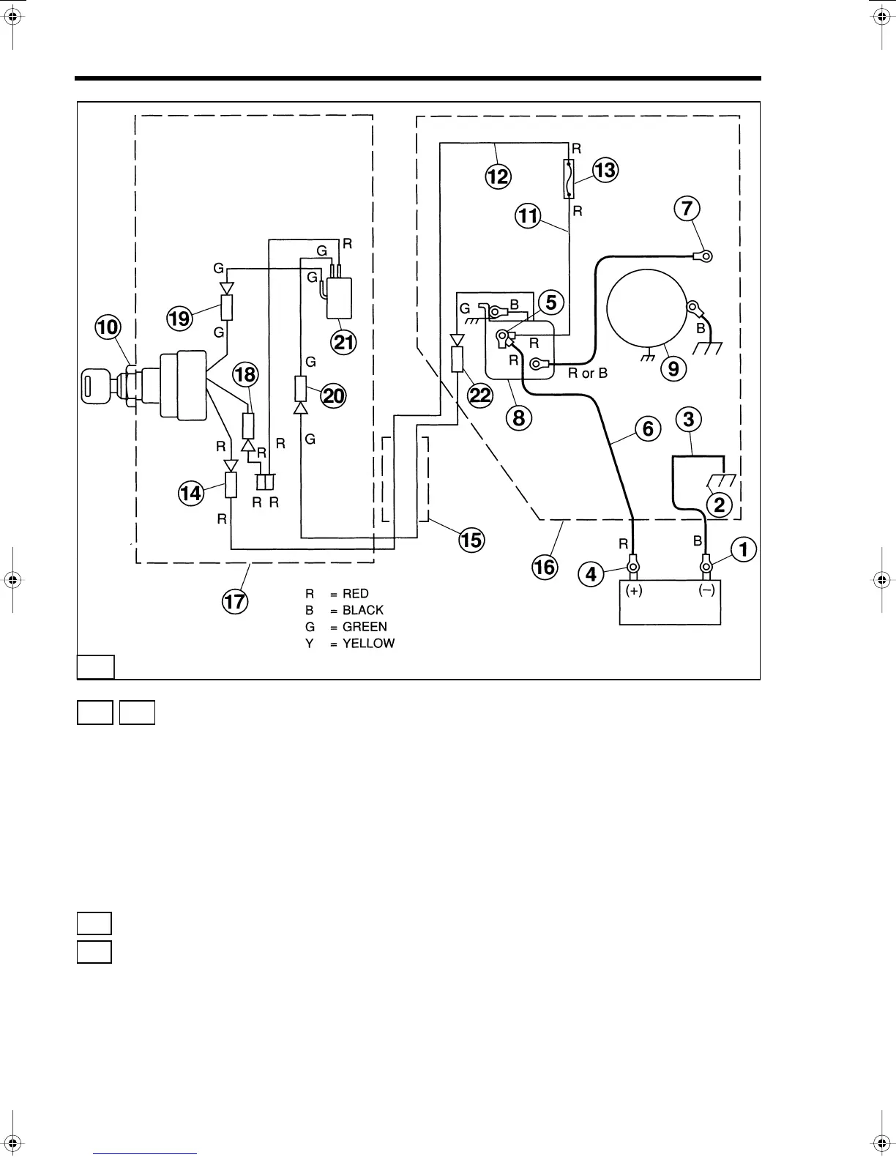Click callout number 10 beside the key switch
coord(108,327)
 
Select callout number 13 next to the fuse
coord(605,170)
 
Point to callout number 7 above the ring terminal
coord(687,208)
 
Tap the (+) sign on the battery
coord(634,591)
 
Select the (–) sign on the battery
coord(706,591)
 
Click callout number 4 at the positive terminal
coord(591,574)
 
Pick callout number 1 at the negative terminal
coord(744,549)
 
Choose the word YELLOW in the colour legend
coord(368,644)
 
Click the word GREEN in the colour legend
coord(365,627)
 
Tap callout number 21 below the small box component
coord(344,341)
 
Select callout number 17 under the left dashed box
coord(235,602)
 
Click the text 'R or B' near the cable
coord(588,373)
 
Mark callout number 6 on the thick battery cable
coord(648,428)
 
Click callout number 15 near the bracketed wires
coord(472,540)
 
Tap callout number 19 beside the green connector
coord(179,318)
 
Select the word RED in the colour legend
coord(355,594)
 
